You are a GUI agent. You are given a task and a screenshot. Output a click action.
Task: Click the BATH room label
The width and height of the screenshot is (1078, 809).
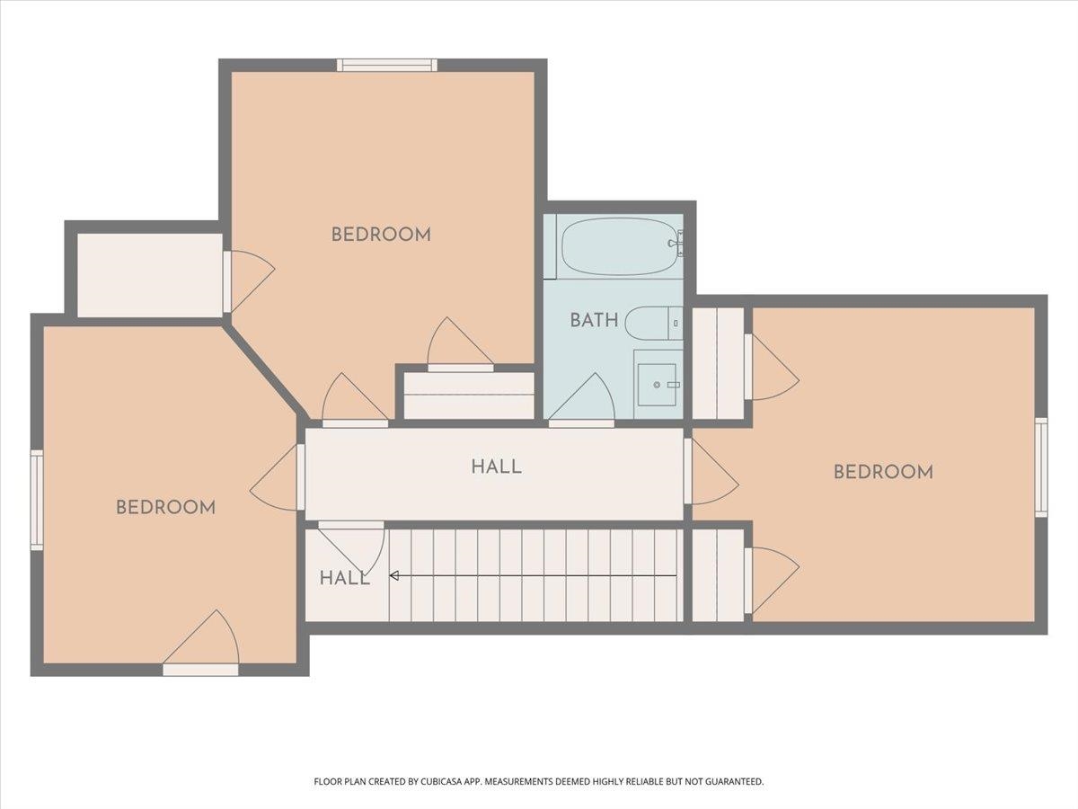594,320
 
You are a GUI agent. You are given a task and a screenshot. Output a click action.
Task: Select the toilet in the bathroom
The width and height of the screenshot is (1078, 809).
654,324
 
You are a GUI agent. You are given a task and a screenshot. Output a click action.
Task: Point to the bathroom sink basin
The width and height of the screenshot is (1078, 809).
657,385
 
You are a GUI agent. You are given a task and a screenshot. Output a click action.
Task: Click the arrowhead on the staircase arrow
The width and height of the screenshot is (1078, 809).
393,575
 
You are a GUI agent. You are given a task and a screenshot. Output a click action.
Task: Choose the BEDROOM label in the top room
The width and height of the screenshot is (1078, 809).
381,235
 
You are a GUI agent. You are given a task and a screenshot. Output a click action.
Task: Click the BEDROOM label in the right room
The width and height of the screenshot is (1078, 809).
884,473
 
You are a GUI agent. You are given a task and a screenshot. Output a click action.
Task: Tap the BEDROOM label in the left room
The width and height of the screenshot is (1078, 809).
165,507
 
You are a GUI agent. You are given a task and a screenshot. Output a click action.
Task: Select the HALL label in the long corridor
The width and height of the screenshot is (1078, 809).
496,467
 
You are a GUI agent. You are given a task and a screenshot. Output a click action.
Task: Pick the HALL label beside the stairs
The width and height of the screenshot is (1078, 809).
344,579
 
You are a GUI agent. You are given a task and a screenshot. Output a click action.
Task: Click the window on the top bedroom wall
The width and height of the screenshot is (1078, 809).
387,66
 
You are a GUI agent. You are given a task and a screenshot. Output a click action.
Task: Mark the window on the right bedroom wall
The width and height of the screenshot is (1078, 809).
1041,467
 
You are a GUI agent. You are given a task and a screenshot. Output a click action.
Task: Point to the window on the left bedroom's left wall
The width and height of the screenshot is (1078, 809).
37,500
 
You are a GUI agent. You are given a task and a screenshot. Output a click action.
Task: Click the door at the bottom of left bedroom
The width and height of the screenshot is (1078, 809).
201,643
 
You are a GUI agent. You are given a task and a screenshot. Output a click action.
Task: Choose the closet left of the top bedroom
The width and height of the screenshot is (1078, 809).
150,275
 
